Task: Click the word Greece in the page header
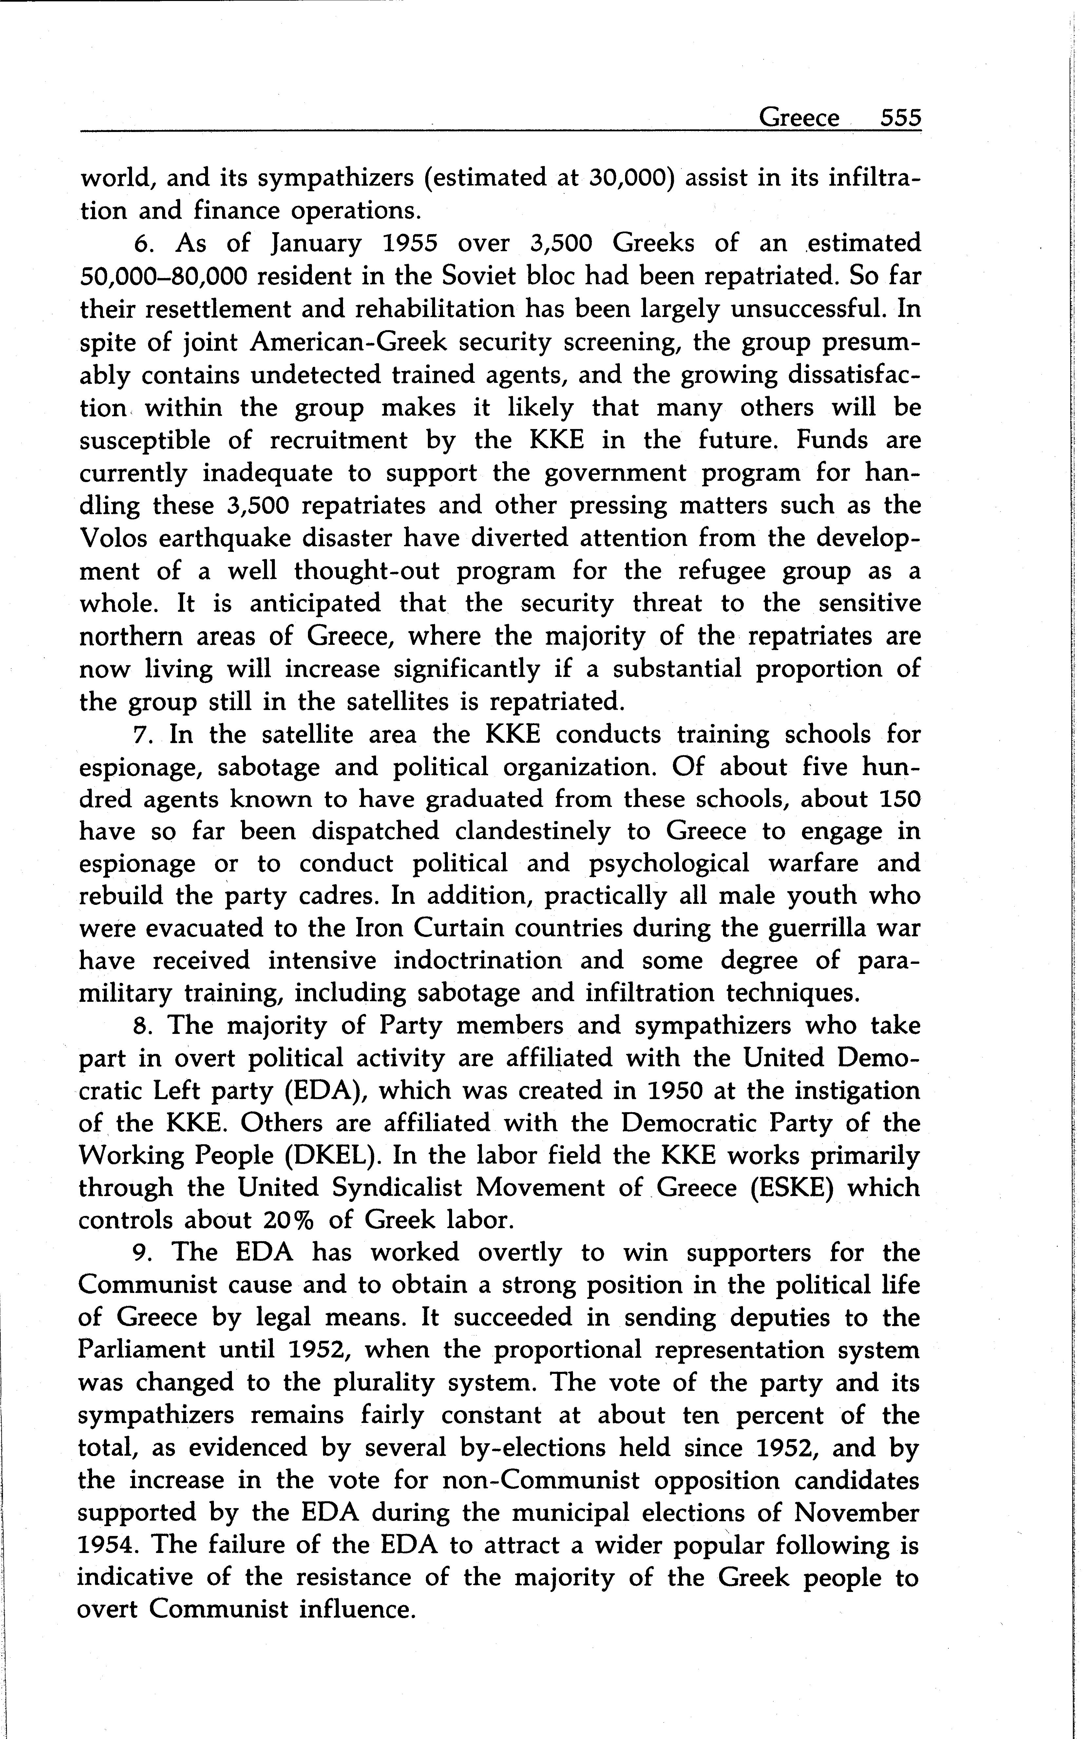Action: [x=799, y=117]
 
